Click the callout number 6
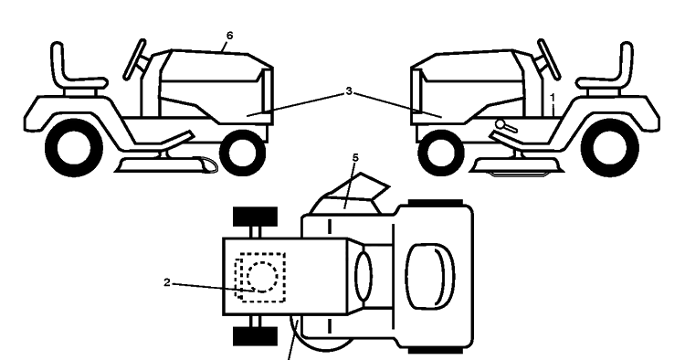pyautogui.click(x=230, y=36)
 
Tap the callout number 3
pyautogui.click(x=349, y=91)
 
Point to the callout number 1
pyautogui.click(x=553, y=98)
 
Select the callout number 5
pyautogui.click(x=355, y=158)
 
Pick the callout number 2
pyautogui.click(x=167, y=282)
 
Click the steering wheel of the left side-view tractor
pyautogui.click(x=134, y=59)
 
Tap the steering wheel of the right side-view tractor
pyautogui.click(x=549, y=59)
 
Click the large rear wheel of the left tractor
pyautogui.click(x=73, y=149)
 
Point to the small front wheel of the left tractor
pyautogui.click(x=242, y=153)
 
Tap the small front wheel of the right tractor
pyautogui.click(x=441, y=153)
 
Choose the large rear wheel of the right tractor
pyautogui.click(x=610, y=149)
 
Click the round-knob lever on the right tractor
pyautogui.click(x=506, y=126)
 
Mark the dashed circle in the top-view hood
pyautogui.click(x=262, y=277)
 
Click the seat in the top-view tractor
pyautogui.click(x=430, y=276)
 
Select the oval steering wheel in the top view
pyautogui.click(x=364, y=277)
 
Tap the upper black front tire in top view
pyautogui.click(x=255, y=217)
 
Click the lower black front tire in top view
pyautogui.click(x=255, y=336)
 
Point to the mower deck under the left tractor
pyautogui.click(x=166, y=165)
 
